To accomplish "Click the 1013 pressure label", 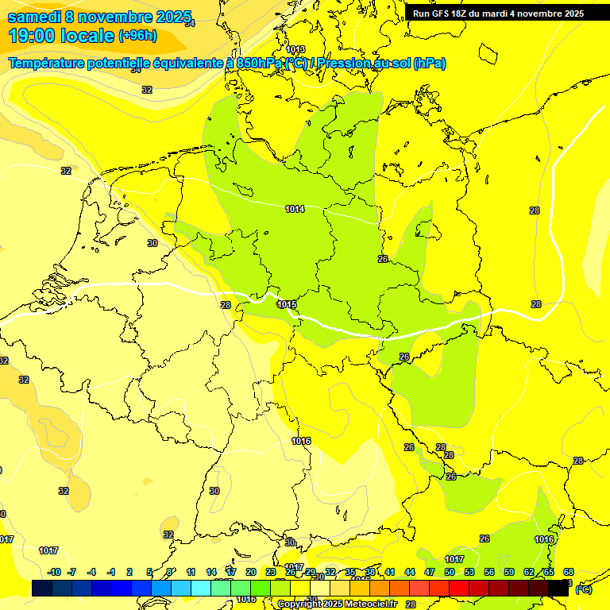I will click(x=295, y=50).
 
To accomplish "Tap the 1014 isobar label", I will click(x=295, y=209).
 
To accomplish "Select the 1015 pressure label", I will click(x=287, y=305).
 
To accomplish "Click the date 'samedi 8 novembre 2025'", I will click(x=100, y=17).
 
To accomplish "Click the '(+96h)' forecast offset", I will click(x=137, y=36).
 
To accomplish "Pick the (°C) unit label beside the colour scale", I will click(x=583, y=589).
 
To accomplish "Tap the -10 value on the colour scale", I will click(x=54, y=572).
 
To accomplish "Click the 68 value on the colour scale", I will click(x=569, y=572).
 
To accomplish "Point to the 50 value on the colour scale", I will click(x=450, y=572).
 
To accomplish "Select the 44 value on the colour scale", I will click(x=410, y=572).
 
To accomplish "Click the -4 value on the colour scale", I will click(x=91, y=572).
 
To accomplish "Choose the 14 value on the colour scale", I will click(x=211, y=572).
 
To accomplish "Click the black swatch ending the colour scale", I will click(x=558, y=589).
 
